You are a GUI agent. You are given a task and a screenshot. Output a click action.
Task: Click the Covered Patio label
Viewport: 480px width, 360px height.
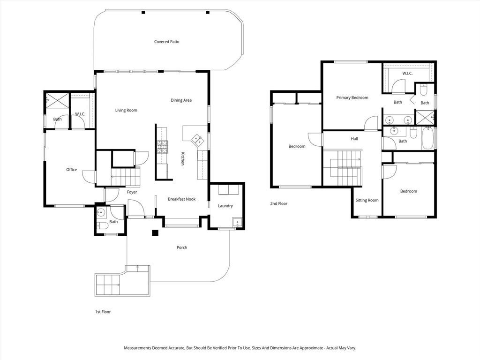click(166, 42)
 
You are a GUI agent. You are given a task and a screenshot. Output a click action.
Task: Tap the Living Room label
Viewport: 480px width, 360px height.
click(126, 110)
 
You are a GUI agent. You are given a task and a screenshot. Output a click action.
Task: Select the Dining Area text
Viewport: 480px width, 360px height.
click(181, 100)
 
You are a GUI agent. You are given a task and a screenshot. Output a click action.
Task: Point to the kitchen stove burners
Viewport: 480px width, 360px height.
click(162, 147)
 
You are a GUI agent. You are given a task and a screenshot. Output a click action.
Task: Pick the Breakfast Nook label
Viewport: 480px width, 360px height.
click(181, 199)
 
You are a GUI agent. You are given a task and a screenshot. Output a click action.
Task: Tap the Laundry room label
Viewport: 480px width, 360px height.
click(225, 206)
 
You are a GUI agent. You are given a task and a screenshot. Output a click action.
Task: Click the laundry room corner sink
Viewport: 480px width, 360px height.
click(237, 222)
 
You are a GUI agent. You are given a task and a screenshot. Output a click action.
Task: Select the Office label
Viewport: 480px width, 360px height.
click(72, 170)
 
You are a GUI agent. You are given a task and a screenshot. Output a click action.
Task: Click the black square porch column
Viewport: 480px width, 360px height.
click(155, 232)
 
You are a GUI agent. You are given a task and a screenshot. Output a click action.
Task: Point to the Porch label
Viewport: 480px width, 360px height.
click(182, 247)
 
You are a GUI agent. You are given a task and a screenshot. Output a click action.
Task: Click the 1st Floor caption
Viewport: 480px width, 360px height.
click(103, 312)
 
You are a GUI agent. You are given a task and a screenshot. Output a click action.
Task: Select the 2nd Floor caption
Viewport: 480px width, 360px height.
click(279, 203)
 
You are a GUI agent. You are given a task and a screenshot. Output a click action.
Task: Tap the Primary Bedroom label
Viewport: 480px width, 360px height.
click(352, 97)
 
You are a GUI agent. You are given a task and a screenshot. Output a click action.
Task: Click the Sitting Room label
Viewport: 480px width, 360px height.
click(367, 200)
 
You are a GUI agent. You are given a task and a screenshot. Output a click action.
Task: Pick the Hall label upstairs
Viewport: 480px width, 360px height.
click(354, 139)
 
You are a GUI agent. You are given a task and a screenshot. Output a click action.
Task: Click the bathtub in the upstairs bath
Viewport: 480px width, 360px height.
click(427, 138)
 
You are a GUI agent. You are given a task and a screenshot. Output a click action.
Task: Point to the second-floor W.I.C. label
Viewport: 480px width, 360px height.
click(407, 74)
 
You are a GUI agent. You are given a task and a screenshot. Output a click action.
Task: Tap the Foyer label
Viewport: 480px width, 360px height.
click(132, 192)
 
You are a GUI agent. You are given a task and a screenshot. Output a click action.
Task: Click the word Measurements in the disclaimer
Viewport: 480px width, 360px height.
click(137, 348)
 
